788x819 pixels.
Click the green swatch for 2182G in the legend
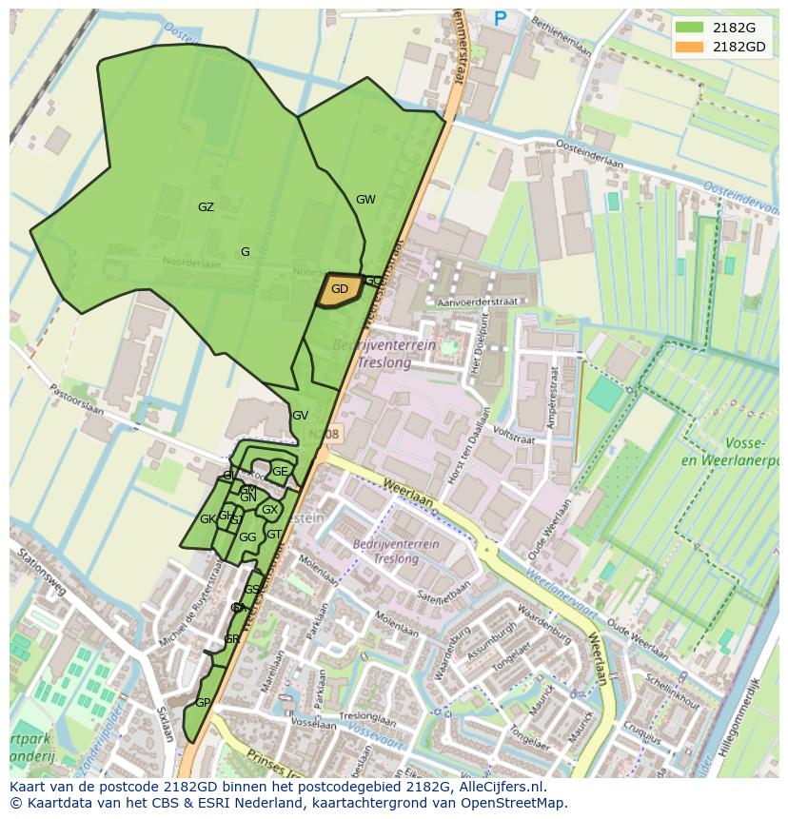[689, 27]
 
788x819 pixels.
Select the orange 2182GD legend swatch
[689, 47]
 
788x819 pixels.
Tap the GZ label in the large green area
[206, 207]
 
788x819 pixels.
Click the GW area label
[365, 200]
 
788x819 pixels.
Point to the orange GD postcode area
[339, 290]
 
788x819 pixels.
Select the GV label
[300, 416]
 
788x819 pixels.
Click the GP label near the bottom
[202, 703]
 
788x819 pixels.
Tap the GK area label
[207, 519]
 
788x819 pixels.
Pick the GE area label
[280, 472]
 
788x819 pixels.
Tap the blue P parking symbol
[501, 17]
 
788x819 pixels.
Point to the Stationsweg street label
[40, 570]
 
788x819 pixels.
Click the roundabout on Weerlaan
[487, 549]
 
